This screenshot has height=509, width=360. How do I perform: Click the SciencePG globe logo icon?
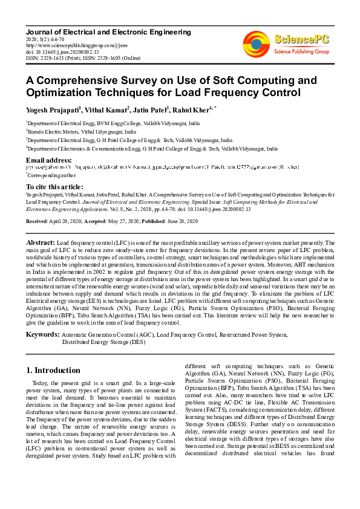click(257, 43)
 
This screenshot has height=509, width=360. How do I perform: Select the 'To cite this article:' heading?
click(55, 187)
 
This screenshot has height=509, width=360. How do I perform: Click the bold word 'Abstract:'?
click(40, 241)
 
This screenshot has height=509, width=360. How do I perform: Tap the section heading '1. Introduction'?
click(53, 370)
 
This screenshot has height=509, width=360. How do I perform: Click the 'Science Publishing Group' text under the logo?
click(300, 52)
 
